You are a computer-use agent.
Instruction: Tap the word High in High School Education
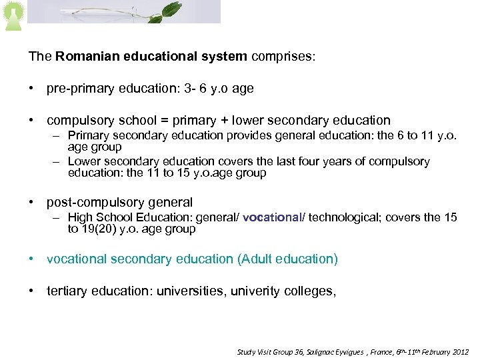[x=80, y=217]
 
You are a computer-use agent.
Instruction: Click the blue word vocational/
[x=274, y=217]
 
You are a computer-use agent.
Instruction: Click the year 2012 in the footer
[x=459, y=351]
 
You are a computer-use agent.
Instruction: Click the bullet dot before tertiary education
[x=31, y=291]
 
